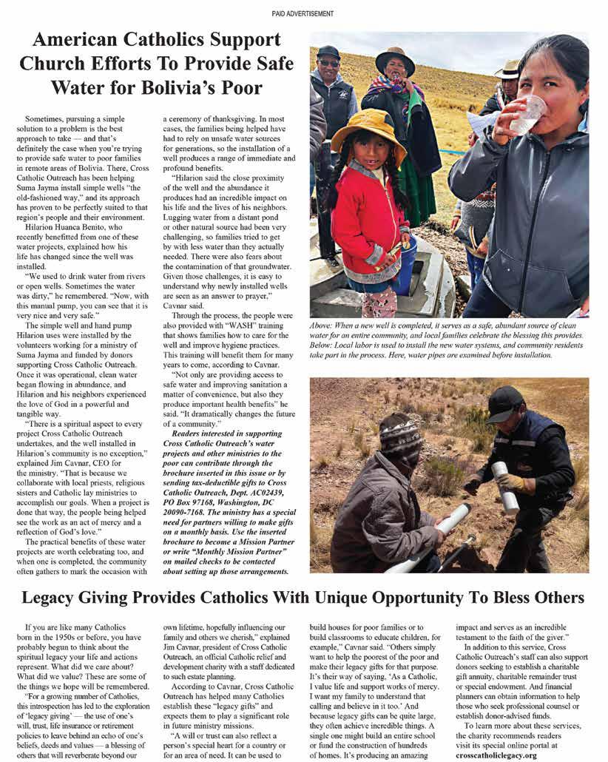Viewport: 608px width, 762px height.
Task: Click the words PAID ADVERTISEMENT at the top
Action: point(303,13)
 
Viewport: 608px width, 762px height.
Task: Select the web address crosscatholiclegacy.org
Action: point(496,755)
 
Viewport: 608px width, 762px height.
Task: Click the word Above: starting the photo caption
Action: point(323,325)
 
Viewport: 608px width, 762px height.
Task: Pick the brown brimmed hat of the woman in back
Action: point(395,59)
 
